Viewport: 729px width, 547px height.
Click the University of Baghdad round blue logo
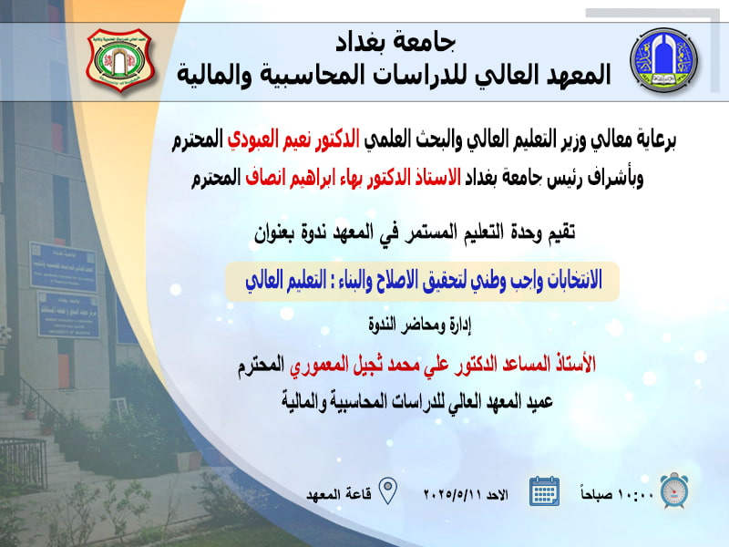[x=664, y=60]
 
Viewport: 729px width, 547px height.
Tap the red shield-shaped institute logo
[x=121, y=60]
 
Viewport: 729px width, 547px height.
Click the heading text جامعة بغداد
[x=395, y=42]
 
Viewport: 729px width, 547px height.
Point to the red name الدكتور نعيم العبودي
[x=293, y=139]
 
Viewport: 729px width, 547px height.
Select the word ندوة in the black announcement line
[x=317, y=232]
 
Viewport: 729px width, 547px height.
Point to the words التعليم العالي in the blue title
[x=286, y=281]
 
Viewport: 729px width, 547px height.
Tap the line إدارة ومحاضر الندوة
[x=420, y=325]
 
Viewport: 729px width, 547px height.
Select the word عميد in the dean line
[x=539, y=401]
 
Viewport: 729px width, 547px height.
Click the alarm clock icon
[x=674, y=490]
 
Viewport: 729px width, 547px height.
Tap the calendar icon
[x=544, y=490]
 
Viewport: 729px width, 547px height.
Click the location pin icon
[x=388, y=490]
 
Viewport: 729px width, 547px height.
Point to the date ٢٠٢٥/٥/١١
[x=452, y=494]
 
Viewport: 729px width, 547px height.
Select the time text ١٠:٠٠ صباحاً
[x=617, y=493]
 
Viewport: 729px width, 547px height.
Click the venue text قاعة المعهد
[x=338, y=494]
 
